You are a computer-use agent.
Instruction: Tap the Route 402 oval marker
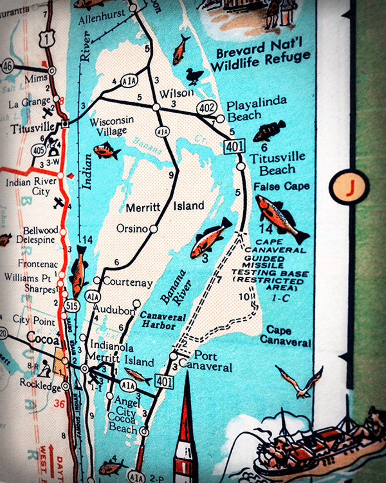(x=207, y=108)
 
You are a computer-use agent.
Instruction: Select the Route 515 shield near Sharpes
(x=72, y=306)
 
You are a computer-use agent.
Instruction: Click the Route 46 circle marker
(x=8, y=66)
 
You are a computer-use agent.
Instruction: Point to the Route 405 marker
(x=38, y=150)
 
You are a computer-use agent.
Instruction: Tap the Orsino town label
(x=132, y=228)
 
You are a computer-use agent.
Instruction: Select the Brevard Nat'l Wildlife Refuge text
(x=260, y=56)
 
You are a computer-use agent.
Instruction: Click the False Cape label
(x=281, y=186)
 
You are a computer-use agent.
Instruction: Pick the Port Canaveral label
(x=206, y=361)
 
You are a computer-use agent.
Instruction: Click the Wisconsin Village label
(x=112, y=126)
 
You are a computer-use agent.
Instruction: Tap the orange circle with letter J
(x=349, y=186)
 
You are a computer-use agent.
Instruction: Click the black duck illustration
(x=194, y=76)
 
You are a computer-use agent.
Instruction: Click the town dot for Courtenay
(x=97, y=280)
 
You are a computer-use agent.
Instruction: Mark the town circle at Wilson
(x=156, y=107)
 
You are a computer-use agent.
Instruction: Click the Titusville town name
(x=33, y=128)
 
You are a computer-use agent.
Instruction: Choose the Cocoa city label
(x=43, y=338)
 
